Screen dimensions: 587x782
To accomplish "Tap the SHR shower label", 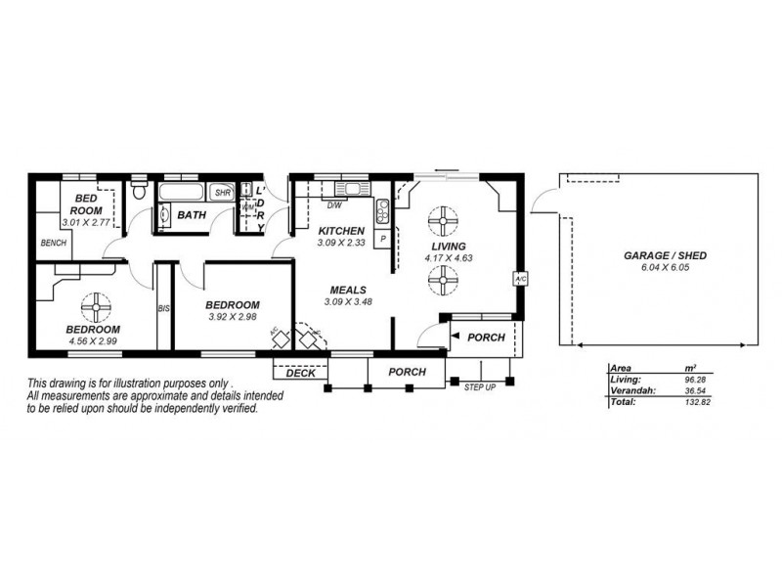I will [222, 193].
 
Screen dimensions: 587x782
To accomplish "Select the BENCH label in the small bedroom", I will [53, 243].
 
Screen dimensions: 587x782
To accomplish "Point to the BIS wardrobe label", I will [164, 309].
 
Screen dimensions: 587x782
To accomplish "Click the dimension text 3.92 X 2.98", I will [233, 317].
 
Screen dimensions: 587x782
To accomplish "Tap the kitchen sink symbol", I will [349, 188].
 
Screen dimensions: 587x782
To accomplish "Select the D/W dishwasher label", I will [333, 205].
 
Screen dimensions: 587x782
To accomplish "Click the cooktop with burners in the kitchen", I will [382, 209].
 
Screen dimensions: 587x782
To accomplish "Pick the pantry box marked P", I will [383, 238].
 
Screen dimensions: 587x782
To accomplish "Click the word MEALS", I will [347, 291].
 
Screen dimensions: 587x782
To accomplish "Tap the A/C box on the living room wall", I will [519, 278].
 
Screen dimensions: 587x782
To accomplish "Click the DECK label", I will [300, 373].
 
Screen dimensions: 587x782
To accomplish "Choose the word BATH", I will [192, 214].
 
